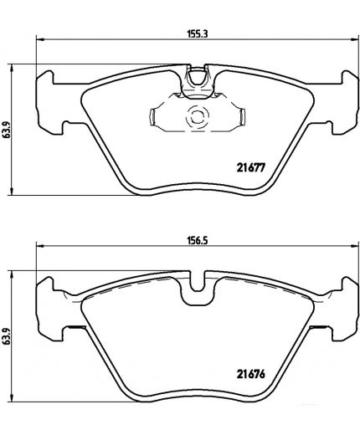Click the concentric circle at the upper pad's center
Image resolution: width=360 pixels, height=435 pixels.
coord(199,118)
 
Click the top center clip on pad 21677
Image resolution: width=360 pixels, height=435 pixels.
coord(198,79)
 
